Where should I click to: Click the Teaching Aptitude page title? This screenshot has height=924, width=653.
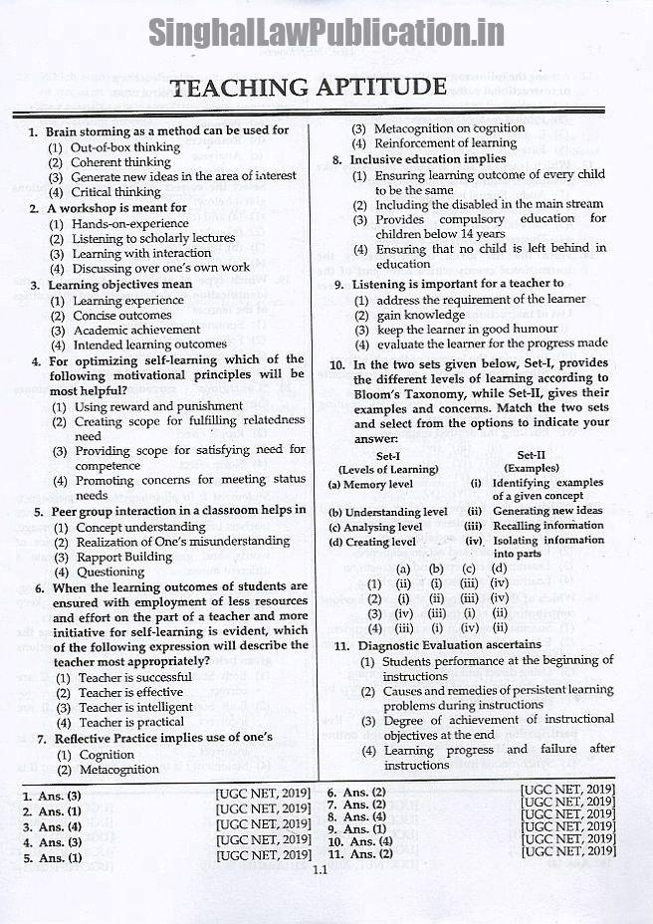tap(309, 88)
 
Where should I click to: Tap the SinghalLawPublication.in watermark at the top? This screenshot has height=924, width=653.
tap(326, 33)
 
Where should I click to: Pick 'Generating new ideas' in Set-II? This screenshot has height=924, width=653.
tap(548, 511)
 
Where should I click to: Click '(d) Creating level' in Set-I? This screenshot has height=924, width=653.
tap(372, 542)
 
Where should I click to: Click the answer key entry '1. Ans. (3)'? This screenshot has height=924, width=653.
tap(53, 796)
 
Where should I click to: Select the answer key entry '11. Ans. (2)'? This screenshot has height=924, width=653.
tap(361, 853)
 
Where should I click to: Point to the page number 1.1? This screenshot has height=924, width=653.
tap(320, 870)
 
